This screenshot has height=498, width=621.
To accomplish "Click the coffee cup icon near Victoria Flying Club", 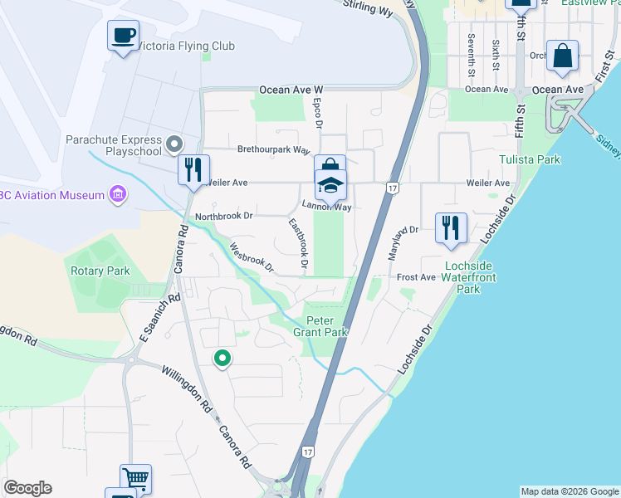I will point(124,36).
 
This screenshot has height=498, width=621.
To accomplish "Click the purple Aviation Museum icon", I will point(118,196).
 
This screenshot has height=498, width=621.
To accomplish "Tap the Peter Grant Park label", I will point(325,326).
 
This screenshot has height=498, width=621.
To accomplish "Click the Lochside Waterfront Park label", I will point(469,277).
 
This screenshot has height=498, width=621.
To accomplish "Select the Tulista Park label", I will point(529,159).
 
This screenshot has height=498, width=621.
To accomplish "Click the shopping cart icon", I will point(135,479).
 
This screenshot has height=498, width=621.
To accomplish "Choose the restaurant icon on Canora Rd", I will point(193,170).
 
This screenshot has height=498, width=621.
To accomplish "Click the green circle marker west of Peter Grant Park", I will point(222,359).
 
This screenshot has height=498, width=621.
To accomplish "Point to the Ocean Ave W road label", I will point(291,90).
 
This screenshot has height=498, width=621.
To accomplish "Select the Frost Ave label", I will point(416,277).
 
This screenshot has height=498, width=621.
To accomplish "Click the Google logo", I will point(27,488).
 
